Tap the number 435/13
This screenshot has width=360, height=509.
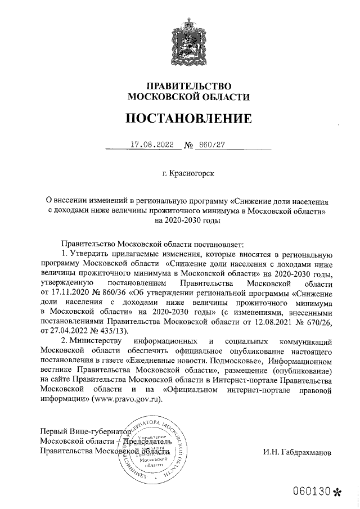pyautogui.click(x=111, y=330)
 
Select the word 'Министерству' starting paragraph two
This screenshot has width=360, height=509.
pyautogui.click(x=95, y=341)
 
